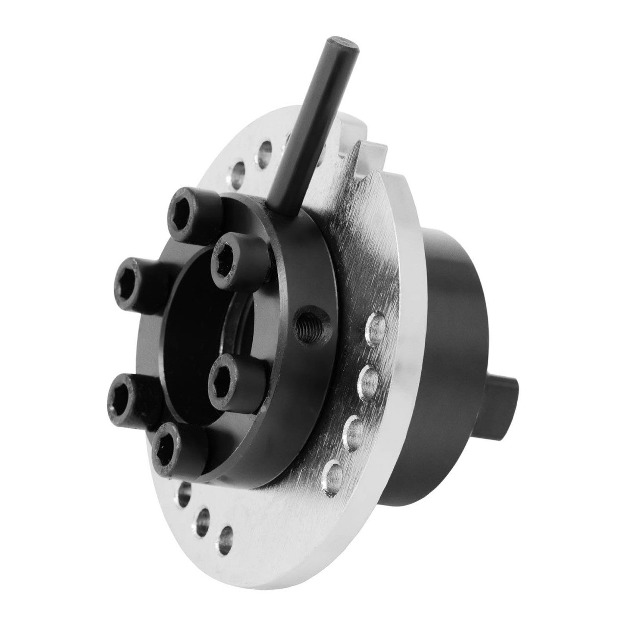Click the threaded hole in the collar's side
coord(307,323)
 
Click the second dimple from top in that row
coord(369,378)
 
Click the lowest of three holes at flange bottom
coord(226,538)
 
